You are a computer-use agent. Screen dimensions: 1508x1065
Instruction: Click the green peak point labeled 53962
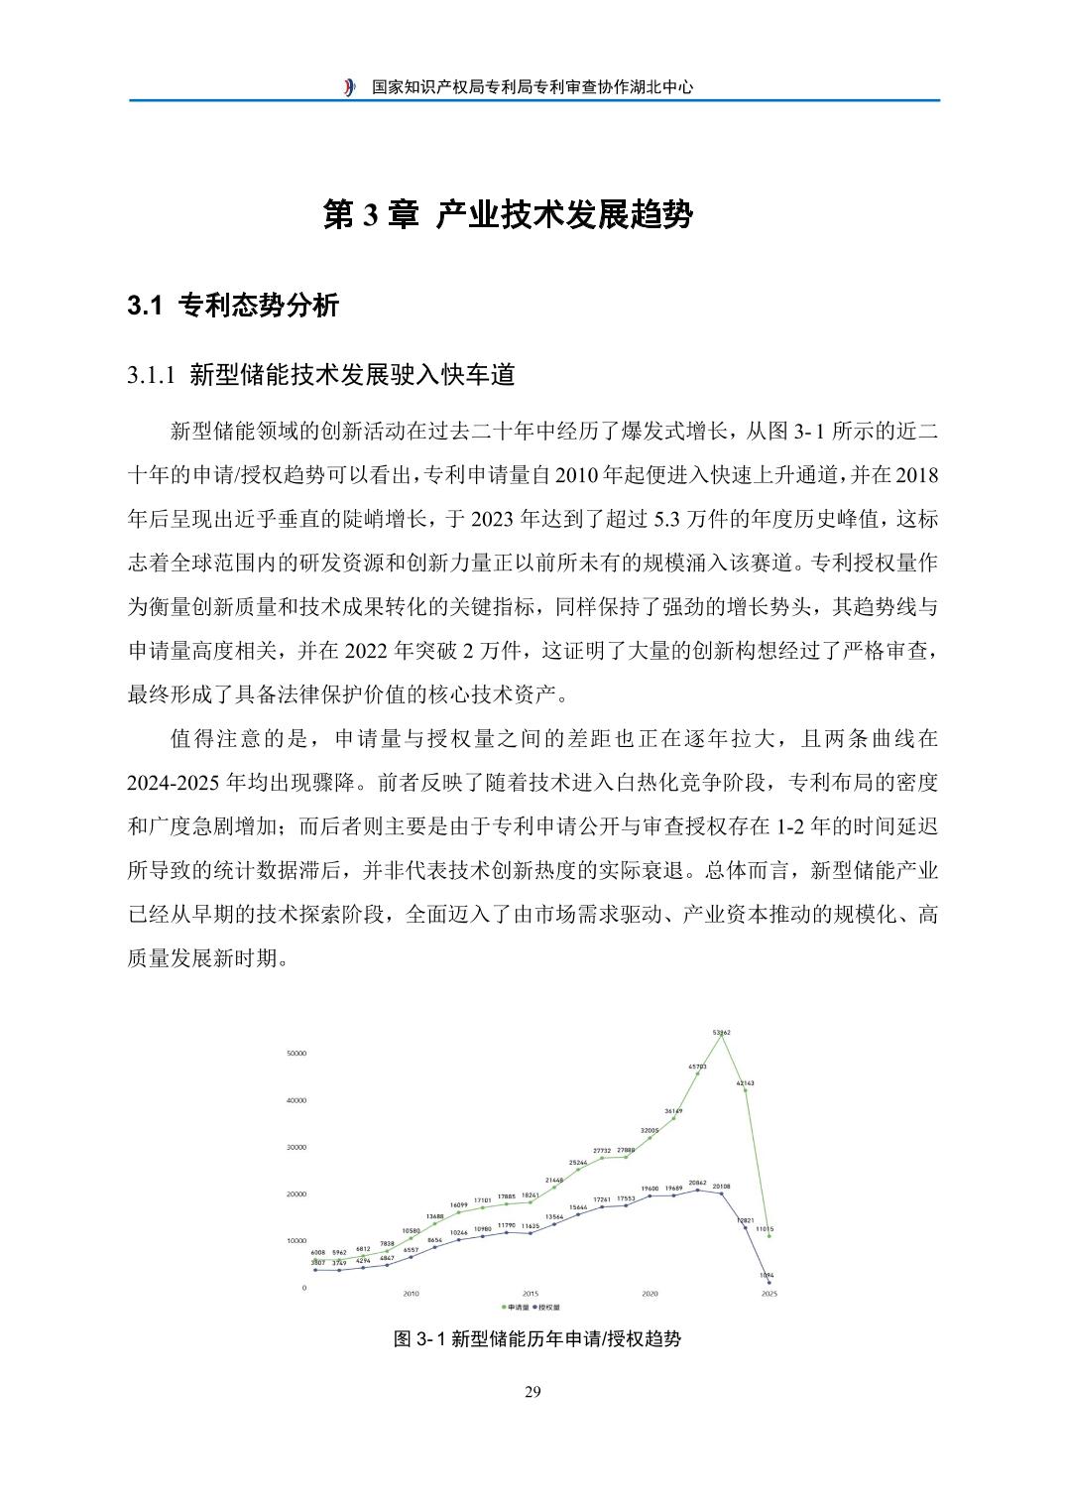[721, 1038]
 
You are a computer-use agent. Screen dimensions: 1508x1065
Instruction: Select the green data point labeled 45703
[697, 1073]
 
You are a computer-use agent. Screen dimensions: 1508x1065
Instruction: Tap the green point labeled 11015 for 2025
[769, 1236]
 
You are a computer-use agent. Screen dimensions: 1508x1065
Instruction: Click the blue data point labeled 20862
[697, 1190]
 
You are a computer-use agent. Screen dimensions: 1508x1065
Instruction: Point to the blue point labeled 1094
[769, 1283]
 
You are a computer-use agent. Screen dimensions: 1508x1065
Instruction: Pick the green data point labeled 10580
[411, 1238]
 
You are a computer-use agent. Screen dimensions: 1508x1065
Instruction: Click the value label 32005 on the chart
[650, 1130]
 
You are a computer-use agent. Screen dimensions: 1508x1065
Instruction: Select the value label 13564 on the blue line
[554, 1216]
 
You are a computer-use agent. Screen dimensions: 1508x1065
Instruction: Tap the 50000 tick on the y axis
[296, 1054]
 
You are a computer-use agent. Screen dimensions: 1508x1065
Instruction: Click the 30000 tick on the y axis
[296, 1147]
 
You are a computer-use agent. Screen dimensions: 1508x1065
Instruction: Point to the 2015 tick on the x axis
[531, 1294]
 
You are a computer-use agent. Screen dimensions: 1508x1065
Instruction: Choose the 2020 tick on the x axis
[650, 1294]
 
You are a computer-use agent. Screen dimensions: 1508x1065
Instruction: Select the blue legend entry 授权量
[546, 1308]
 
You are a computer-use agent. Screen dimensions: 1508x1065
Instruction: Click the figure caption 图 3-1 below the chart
[537, 1338]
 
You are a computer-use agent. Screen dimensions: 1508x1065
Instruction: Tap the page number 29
[532, 1392]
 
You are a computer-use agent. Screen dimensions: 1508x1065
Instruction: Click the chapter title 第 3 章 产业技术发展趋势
[508, 215]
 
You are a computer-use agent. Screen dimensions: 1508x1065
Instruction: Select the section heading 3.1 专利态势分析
[233, 306]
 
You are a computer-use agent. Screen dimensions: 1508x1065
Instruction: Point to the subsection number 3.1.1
[151, 375]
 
